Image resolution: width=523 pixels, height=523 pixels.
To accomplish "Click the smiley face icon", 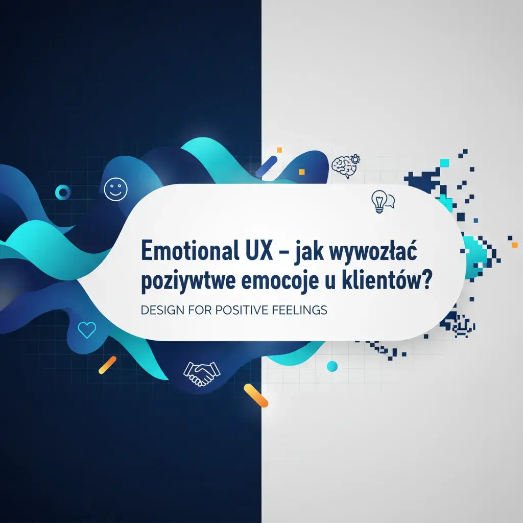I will pyautogui.click(x=113, y=189).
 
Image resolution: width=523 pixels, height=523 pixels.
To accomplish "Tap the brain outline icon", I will pyautogui.click(x=341, y=166).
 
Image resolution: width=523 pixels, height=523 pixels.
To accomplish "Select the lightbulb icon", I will pyautogui.click(x=378, y=201).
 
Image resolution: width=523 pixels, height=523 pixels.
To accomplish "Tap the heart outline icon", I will pyautogui.click(x=87, y=330).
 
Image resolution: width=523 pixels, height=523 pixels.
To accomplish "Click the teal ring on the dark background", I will pyautogui.click(x=63, y=192).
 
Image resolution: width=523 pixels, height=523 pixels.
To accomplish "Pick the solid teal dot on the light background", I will pyautogui.click(x=332, y=366).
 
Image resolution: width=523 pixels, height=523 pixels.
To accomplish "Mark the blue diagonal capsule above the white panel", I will pyautogui.click(x=266, y=168).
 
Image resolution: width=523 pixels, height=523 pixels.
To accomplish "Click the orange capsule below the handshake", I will pyautogui.click(x=256, y=395).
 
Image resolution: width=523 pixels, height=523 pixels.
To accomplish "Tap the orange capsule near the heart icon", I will pyautogui.click(x=107, y=365).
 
